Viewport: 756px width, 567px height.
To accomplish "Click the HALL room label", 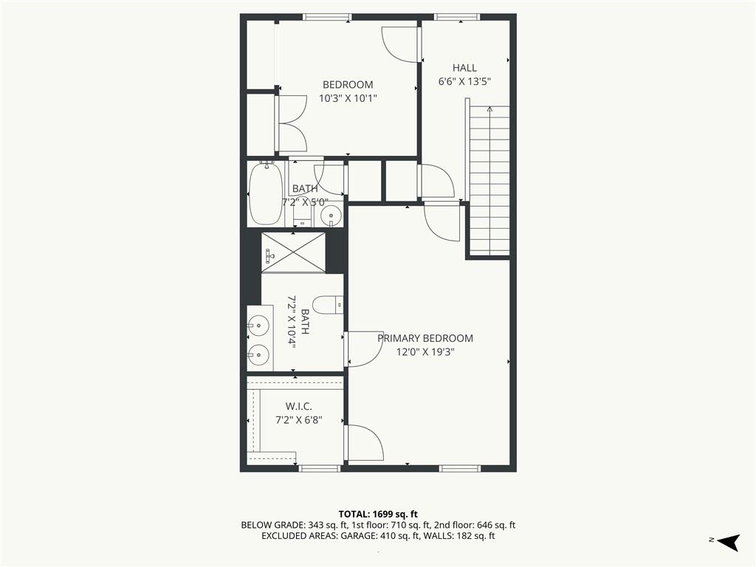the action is point(464,68).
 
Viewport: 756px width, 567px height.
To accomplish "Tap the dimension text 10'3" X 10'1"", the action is point(348,98).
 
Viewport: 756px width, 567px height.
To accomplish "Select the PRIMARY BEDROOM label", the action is point(425,338).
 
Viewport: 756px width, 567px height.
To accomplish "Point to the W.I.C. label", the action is point(299,407).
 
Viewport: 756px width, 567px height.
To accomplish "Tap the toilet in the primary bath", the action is point(328,305).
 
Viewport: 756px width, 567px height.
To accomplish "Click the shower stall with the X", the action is point(293,252).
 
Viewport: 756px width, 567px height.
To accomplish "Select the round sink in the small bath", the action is point(331,215).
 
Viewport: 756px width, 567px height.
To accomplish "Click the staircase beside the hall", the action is point(489,180).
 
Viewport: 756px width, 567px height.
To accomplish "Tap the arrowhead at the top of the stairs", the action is point(490,109).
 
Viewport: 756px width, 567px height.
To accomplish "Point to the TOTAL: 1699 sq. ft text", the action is point(377,514).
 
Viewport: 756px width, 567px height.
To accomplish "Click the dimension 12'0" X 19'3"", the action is point(425,352).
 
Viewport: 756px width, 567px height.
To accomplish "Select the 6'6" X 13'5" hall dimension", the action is point(464,81).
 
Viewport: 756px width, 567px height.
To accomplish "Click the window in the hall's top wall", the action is point(457,17).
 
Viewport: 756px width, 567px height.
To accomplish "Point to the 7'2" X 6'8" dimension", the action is point(299,420).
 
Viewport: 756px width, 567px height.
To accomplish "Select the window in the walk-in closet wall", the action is point(319,468).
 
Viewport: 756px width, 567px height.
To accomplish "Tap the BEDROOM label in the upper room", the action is point(348,85).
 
